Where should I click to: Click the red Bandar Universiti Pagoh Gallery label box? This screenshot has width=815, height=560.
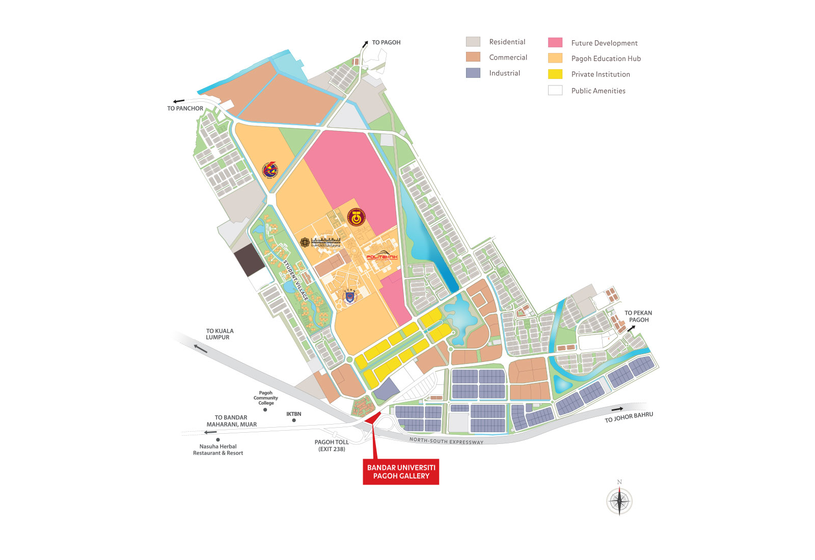click(401, 471)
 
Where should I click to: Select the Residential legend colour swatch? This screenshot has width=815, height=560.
click(473, 42)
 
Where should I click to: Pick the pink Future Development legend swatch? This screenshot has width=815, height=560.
click(555, 43)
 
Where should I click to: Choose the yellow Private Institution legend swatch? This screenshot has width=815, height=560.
click(555, 74)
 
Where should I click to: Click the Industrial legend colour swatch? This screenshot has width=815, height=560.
click(473, 73)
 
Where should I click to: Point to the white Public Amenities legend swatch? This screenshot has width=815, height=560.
click(555, 91)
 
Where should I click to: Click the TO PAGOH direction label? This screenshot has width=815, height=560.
click(386, 42)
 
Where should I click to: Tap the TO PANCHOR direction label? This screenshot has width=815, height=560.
click(185, 108)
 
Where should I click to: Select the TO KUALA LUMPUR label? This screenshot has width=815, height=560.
click(220, 334)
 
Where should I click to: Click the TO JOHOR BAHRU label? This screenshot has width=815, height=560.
click(629, 417)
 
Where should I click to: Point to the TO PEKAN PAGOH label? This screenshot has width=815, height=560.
click(638, 316)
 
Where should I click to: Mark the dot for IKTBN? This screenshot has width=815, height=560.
click(294, 421)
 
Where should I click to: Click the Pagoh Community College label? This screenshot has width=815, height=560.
click(265, 398)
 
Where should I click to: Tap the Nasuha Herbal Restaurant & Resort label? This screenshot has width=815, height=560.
click(218, 450)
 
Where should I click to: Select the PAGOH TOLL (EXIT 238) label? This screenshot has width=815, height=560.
click(332, 445)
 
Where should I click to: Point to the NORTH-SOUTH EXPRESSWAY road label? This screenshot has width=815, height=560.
click(446, 441)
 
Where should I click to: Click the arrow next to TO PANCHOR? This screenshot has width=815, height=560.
click(178, 101)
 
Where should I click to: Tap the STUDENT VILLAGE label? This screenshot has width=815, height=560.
click(295, 281)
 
